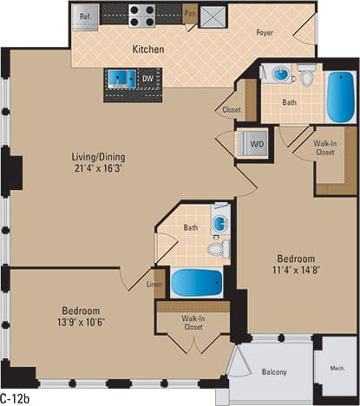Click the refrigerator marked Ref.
(x=87, y=15)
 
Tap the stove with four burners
(x=141, y=15)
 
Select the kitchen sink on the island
(x=121, y=79)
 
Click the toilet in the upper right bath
(x=306, y=77)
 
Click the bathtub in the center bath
(x=193, y=283)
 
